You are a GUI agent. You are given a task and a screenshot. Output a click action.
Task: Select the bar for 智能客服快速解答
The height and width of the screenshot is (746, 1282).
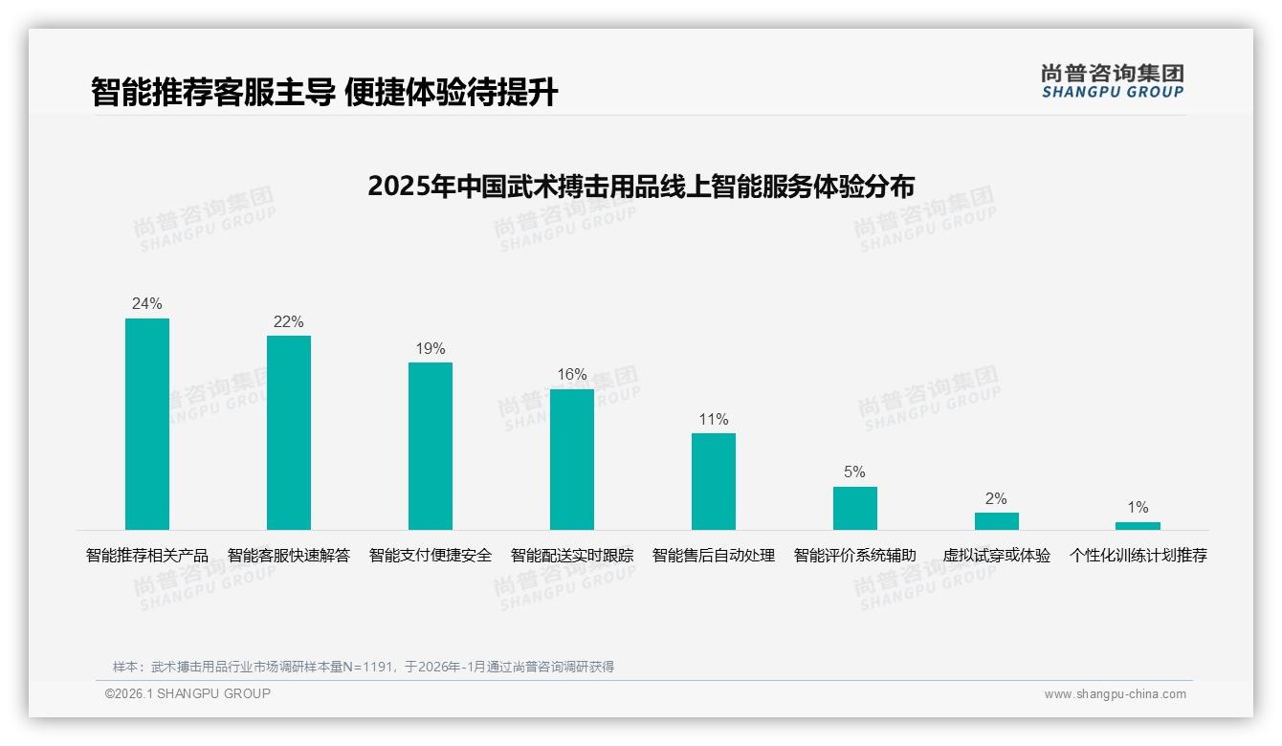coord(289,432)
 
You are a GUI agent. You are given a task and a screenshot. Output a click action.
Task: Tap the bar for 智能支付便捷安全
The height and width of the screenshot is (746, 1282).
coord(431,446)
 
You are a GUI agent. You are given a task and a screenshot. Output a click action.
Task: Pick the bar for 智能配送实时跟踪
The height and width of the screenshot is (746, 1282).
coord(572,459)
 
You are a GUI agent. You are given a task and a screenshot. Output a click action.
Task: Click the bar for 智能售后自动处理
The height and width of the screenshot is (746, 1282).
coord(714,481)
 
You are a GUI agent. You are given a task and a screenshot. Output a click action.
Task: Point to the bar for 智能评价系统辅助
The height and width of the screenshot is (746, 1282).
coord(855,508)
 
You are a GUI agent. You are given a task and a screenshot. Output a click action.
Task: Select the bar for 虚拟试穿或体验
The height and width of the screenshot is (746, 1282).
coord(997,521)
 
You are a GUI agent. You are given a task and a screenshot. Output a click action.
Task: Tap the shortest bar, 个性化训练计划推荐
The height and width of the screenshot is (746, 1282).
coord(1138,526)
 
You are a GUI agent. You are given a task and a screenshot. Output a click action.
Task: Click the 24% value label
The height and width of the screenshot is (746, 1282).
coord(147,304)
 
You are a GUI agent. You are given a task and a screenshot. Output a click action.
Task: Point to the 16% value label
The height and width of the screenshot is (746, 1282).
coord(572,375)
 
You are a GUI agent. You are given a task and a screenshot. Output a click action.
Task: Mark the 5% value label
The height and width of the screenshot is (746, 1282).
coord(855,472)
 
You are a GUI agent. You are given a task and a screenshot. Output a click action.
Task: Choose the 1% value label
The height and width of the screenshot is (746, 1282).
coord(1138,508)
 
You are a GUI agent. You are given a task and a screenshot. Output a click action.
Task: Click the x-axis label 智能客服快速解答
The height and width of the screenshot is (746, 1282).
coord(289,556)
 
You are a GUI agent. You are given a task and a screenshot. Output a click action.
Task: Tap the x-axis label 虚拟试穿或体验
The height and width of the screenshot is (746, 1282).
coord(997,556)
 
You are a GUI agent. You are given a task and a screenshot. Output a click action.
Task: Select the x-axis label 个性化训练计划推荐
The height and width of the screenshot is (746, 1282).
coord(1138,556)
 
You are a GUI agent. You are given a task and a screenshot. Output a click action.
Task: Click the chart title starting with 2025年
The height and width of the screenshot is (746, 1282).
coord(641,186)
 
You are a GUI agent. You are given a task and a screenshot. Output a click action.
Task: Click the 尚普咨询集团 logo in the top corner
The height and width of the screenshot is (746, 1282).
coord(1113,81)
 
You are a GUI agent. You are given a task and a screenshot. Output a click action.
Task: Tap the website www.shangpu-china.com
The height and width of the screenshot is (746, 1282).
coord(1115,694)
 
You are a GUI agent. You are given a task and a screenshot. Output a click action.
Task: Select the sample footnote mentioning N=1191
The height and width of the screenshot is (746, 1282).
coord(364,667)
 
